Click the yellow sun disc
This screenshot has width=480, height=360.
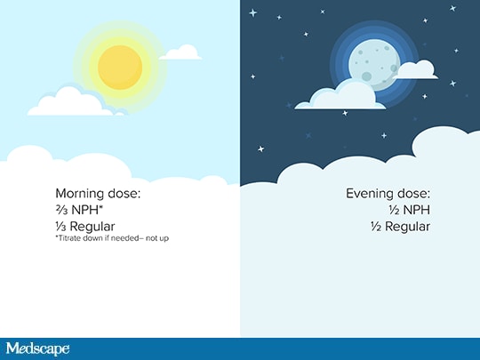point(120,68)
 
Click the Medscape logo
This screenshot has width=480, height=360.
point(37,349)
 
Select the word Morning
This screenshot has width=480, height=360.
point(80,194)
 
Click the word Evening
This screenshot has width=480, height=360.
point(370,194)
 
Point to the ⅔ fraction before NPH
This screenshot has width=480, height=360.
point(61,210)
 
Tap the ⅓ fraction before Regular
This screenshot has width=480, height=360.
point(60,227)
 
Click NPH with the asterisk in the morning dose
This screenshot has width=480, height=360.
point(87,210)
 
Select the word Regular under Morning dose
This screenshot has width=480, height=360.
point(92,228)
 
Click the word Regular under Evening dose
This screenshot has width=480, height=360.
point(407,228)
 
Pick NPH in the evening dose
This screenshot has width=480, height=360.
point(417,210)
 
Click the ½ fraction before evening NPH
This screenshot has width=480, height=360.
point(395,210)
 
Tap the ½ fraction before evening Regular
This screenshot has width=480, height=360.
point(376,227)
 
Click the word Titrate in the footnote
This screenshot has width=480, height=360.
point(68,238)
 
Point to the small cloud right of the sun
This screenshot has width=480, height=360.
point(180,52)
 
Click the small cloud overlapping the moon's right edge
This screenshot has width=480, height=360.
point(415,70)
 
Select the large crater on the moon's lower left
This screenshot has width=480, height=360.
point(366,76)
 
